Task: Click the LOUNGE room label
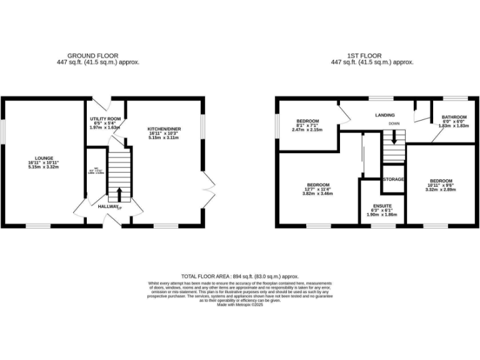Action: (44, 157)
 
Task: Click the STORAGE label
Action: (394, 179)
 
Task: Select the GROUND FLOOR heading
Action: (92, 56)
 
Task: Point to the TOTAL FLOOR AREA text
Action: (239, 276)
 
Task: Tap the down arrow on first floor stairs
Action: (394, 136)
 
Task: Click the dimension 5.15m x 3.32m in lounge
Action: (44, 167)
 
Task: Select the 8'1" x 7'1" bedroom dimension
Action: (307, 125)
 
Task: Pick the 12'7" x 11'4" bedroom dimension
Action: (317, 189)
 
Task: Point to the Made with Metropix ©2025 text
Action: (239, 304)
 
